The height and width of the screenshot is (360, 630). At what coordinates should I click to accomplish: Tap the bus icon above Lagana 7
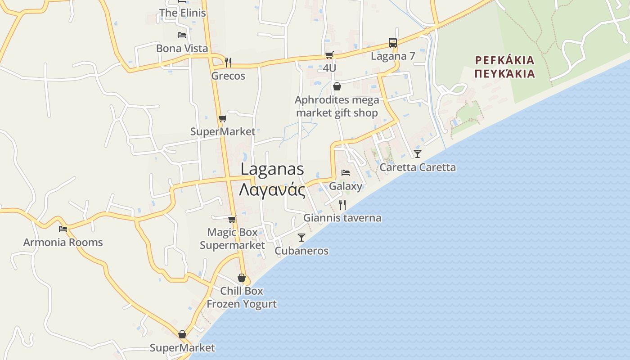[393, 43]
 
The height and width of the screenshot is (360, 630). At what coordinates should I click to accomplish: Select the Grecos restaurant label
[228, 76]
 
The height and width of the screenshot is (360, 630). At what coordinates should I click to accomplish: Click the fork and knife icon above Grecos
[228, 62]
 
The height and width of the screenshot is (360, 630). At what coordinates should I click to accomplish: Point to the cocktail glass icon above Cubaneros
[301, 237]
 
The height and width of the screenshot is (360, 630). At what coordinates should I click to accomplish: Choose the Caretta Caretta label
[418, 167]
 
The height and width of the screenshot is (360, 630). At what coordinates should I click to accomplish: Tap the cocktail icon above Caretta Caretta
[418, 154]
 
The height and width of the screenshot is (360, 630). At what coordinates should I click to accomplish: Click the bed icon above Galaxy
[346, 172]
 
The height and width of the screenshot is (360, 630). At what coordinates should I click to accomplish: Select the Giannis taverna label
[342, 218]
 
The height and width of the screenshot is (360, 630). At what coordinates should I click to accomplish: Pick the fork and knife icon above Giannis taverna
[342, 205]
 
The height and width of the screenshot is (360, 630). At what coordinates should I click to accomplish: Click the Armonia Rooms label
[63, 243]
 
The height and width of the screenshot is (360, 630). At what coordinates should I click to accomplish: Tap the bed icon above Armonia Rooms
[63, 229]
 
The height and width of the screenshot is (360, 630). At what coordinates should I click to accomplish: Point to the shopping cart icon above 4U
[329, 55]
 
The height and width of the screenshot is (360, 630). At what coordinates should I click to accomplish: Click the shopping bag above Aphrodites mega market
[337, 86]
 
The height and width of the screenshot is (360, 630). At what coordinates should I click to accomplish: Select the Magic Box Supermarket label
[232, 239]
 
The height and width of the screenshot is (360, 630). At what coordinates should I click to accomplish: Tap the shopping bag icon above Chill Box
[242, 278]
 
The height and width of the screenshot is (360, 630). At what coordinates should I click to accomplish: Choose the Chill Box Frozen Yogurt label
[242, 297]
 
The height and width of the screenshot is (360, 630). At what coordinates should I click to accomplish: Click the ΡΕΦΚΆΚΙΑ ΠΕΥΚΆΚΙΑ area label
[505, 67]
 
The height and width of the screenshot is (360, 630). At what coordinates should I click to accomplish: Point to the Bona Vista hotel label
[182, 49]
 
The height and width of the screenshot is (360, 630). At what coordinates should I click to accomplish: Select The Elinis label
[182, 13]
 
